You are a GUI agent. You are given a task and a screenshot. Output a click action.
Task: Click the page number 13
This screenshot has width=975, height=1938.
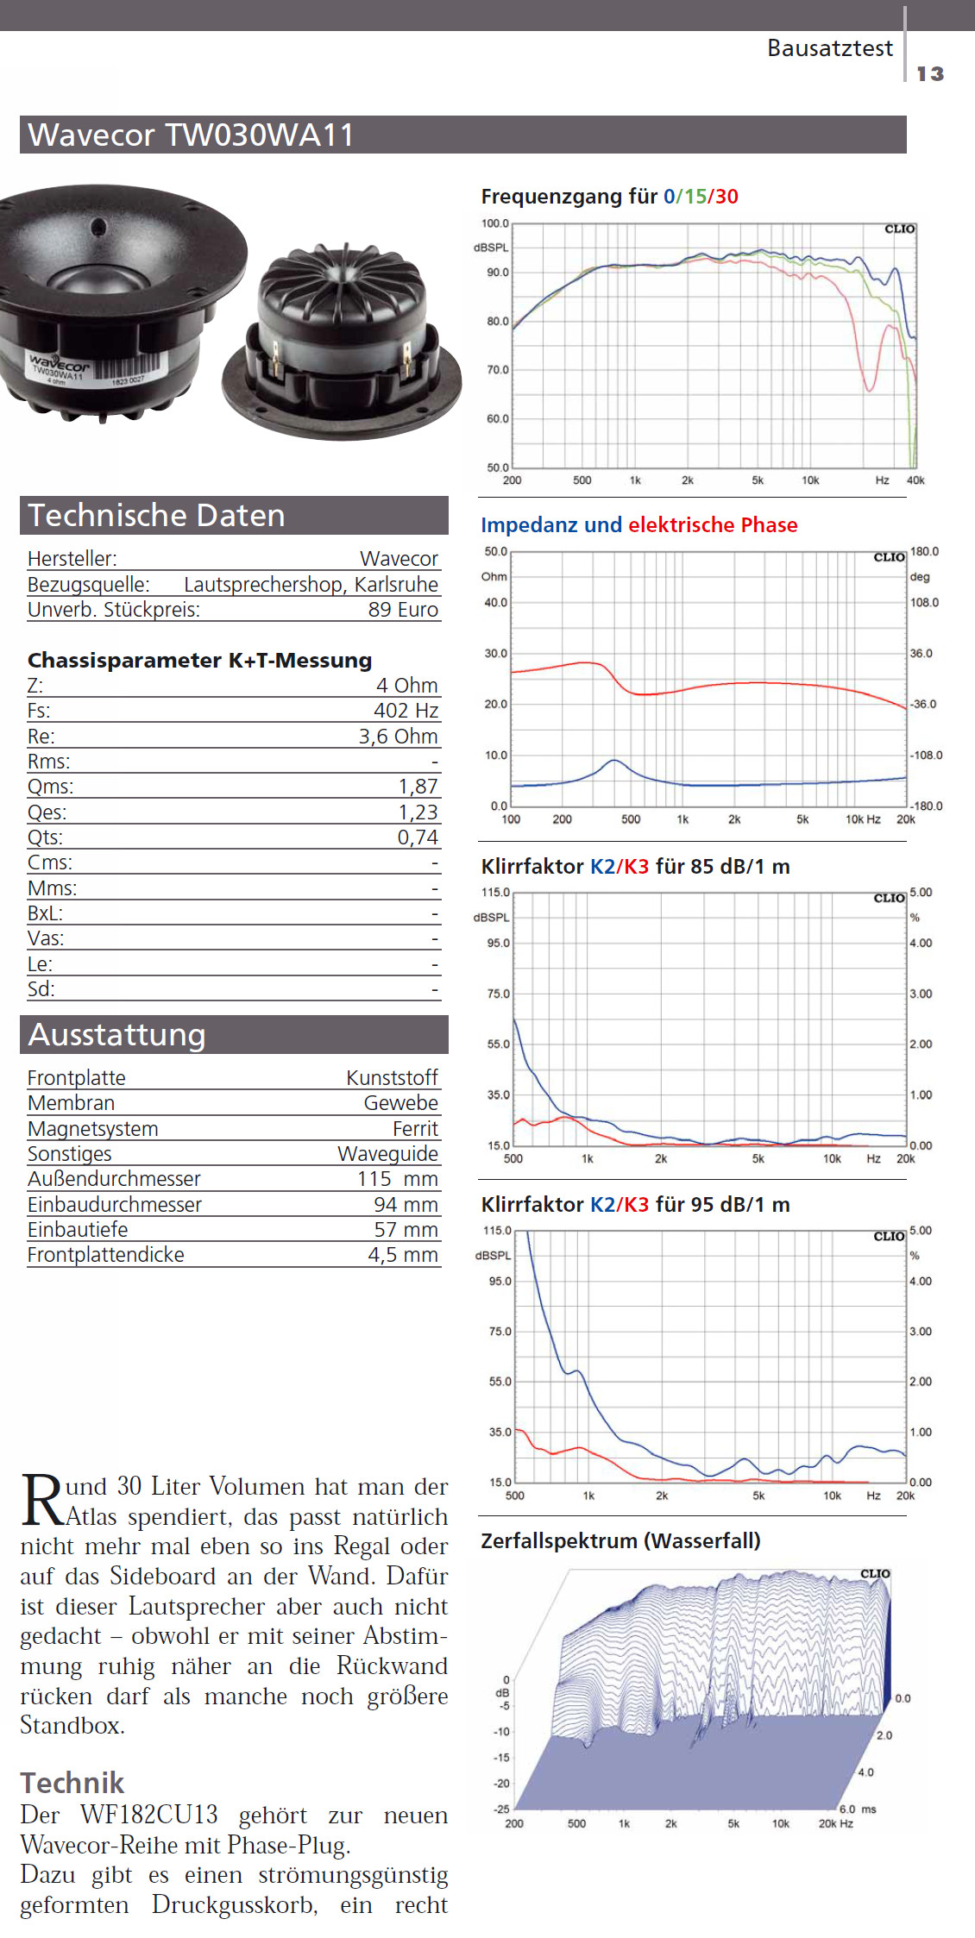click(929, 74)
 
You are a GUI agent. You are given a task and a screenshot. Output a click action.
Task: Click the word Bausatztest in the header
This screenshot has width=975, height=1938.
click(829, 48)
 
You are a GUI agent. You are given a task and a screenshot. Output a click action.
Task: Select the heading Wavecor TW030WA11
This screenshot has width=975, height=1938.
click(191, 135)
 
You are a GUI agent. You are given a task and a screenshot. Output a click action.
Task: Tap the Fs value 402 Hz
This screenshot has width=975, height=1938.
click(406, 711)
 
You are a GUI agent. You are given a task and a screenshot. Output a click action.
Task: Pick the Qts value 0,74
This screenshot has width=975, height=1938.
click(418, 837)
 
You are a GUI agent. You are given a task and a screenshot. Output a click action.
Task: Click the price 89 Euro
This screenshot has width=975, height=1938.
click(403, 610)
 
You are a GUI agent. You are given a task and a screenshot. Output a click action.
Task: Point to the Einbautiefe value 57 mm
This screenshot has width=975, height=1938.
click(406, 1230)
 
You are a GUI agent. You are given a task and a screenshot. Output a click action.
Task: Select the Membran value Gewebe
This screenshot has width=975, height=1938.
click(400, 1103)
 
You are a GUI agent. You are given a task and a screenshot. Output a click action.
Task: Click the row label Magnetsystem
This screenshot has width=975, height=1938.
click(92, 1129)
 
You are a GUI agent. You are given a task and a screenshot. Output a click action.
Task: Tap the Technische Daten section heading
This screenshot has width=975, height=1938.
click(156, 516)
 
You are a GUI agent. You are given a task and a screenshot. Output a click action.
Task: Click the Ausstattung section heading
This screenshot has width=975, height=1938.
click(116, 1035)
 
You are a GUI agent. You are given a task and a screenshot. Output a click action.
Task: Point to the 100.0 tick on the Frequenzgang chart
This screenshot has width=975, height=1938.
click(495, 223)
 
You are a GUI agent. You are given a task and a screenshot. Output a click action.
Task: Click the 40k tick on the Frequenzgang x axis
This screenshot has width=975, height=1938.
click(915, 480)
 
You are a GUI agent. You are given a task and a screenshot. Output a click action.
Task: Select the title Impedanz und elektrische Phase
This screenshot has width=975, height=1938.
click(638, 525)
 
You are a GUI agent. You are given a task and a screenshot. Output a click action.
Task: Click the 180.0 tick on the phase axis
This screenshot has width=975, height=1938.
click(924, 552)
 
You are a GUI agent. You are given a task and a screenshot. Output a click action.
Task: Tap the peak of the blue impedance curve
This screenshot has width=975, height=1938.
click(613, 760)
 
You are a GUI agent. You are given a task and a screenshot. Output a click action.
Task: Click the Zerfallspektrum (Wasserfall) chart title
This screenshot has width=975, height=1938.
click(620, 1541)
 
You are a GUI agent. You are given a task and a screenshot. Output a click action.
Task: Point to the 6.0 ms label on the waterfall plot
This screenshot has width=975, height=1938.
click(857, 1809)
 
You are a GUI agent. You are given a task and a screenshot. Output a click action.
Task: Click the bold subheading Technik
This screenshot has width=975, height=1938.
click(72, 1783)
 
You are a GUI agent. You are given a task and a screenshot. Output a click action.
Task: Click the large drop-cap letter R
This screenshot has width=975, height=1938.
click(42, 1500)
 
